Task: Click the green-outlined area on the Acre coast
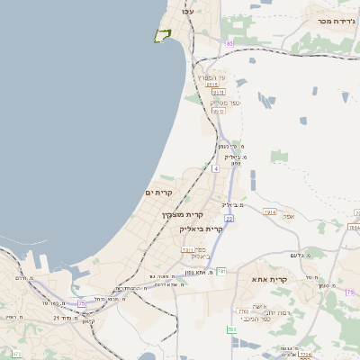pos(162,35)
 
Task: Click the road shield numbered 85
pos(230,43)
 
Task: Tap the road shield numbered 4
pos(216,167)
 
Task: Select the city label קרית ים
pos(158,193)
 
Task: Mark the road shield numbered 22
pos(229,219)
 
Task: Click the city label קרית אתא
pos(270,280)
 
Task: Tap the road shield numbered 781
pos(221,271)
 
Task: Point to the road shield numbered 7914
pos(270,211)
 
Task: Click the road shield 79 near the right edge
pos(349,292)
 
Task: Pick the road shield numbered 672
pos(17,355)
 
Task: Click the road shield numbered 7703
pos(243,311)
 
